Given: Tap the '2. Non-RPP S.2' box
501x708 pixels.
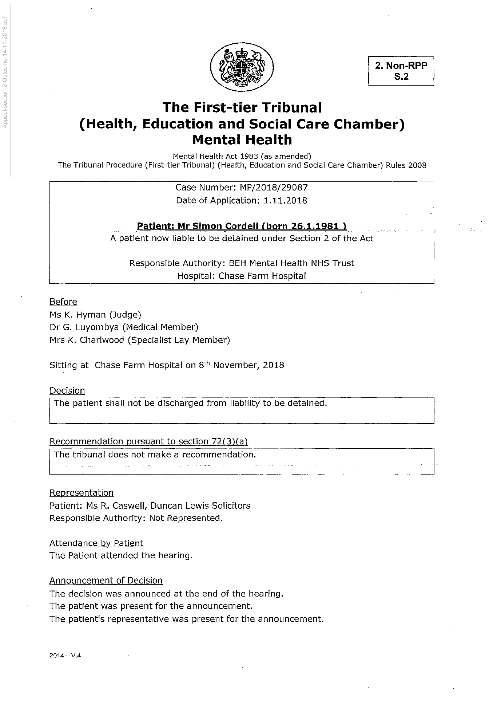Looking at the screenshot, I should [401, 71].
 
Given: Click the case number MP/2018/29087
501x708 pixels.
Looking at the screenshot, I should [274, 188].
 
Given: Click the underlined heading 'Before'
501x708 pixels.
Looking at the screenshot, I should [63, 302].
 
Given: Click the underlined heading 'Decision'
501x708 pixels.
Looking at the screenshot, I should [67, 391].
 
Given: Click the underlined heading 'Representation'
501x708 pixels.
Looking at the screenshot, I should [81, 493].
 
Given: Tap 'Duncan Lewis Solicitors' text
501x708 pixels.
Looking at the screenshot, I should [200, 506].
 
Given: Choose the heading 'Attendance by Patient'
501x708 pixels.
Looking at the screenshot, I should [96, 543].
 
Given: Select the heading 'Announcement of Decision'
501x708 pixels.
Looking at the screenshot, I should [106, 581].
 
